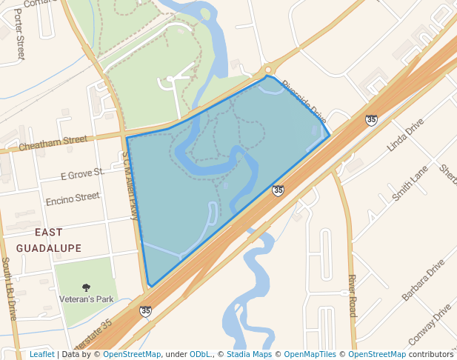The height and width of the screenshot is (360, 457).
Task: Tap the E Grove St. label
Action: (x=81, y=176)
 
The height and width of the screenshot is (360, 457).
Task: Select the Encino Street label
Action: (x=72, y=199)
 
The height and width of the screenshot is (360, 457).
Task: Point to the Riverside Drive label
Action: (x=304, y=101)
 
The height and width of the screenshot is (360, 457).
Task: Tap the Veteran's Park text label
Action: (x=86, y=300)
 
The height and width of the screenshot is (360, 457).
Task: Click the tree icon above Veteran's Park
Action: (x=86, y=287)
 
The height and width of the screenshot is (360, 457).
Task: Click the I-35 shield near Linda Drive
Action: (x=371, y=119)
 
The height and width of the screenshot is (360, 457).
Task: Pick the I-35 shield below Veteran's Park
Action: (x=146, y=311)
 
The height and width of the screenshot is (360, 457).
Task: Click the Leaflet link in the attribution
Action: (x=41, y=354)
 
